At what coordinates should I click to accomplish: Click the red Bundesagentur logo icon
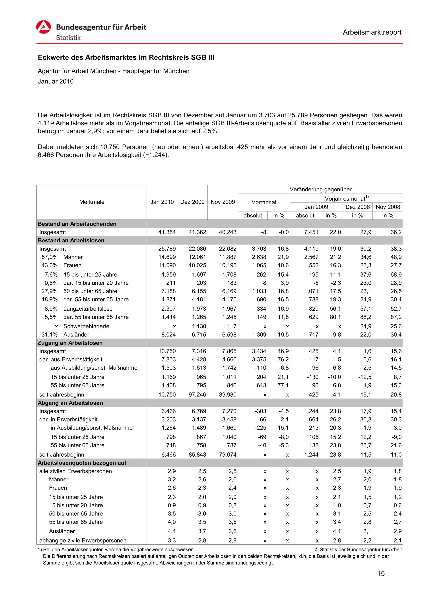point(43,27)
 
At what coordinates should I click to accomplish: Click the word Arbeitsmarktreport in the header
point(372,32)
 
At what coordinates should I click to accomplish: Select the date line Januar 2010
point(56,81)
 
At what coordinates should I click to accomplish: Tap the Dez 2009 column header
point(192,202)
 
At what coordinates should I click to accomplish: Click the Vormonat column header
point(264,202)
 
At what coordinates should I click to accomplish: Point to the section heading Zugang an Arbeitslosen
point(70,343)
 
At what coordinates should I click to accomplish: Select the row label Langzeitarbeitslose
point(88,309)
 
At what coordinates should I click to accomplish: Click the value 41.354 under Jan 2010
point(167,232)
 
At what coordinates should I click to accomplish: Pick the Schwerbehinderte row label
point(86,326)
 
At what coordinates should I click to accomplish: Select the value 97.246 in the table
point(197,395)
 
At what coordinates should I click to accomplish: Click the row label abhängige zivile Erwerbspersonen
point(83,540)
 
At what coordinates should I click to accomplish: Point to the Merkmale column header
point(92,202)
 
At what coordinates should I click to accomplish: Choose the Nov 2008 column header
point(388,207)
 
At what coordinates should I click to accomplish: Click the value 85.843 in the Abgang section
point(197,455)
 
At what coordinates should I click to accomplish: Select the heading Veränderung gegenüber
point(320,189)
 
